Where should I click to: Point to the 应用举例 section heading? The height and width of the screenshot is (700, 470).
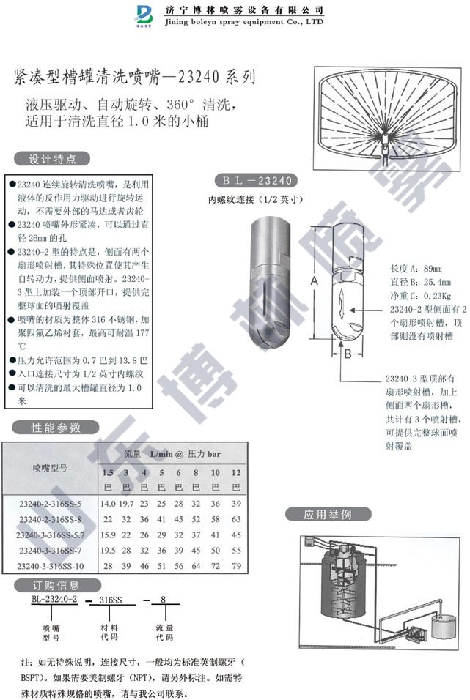pyautogui.click(x=328, y=514)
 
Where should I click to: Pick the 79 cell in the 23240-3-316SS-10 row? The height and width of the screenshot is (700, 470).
pyautogui.click(x=235, y=567)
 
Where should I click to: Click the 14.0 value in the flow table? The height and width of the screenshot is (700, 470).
pyautogui.click(x=108, y=504)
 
